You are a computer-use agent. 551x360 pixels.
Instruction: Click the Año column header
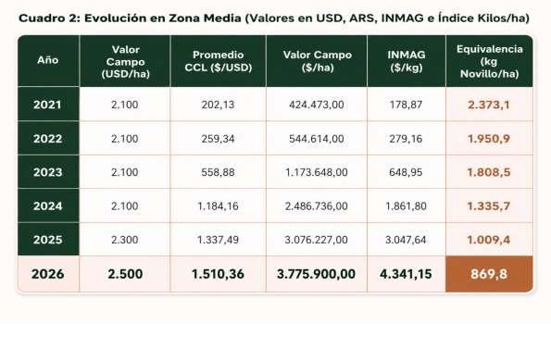click(x=48, y=60)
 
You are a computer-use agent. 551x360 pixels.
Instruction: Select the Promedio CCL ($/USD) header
click(x=219, y=61)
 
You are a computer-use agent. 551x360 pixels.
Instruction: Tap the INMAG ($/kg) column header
click(x=407, y=61)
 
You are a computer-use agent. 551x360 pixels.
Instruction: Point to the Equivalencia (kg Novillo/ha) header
click(x=490, y=61)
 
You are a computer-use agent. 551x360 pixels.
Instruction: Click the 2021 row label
click(x=47, y=105)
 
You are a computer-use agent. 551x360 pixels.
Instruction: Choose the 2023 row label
click(x=48, y=172)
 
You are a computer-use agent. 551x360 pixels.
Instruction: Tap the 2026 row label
click(x=48, y=274)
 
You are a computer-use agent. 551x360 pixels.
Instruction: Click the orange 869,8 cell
click(x=489, y=274)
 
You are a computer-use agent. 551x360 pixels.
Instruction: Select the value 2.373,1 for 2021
click(x=488, y=105)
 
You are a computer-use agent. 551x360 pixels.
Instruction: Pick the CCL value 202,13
click(x=218, y=105)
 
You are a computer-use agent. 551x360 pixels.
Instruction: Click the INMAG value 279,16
click(x=406, y=139)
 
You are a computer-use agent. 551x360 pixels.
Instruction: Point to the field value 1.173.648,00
click(x=317, y=172)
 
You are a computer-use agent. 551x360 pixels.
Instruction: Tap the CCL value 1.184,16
click(x=218, y=205)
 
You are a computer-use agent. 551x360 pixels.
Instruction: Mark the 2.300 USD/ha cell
click(x=125, y=240)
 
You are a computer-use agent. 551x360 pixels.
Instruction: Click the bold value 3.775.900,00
click(x=316, y=274)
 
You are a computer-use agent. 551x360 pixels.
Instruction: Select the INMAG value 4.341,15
click(x=406, y=274)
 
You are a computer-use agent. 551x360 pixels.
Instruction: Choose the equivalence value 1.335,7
click(x=488, y=205)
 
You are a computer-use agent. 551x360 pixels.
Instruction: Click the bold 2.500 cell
click(x=125, y=274)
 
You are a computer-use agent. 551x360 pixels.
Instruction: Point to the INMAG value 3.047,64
click(x=406, y=240)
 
